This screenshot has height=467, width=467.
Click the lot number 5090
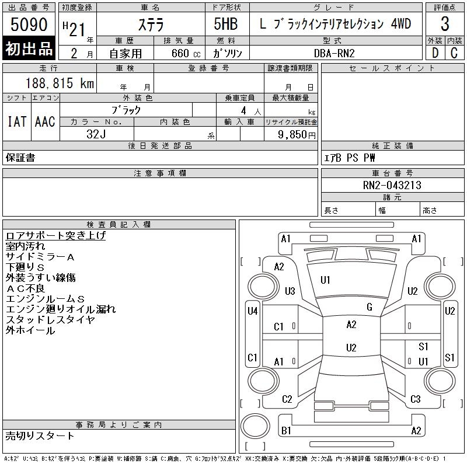pos(29,25)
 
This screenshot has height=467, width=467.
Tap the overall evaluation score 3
pos(445,25)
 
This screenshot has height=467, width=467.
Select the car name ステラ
pos(151,25)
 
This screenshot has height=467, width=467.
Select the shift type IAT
pos(17,121)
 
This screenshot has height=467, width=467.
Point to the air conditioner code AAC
pos(45,121)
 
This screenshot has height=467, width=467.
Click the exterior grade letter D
pos(434,53)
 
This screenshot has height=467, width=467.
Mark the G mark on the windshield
pos(369,307)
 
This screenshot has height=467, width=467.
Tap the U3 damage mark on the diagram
pos(290,291)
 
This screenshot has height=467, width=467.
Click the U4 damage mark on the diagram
pos(252,311)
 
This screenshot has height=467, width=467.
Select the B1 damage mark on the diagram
pos(286,431)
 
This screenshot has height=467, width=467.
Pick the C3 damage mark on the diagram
pos(415,399)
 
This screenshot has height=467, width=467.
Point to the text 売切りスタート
pos(40,435)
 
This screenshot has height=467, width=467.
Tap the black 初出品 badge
pos(29,49)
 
